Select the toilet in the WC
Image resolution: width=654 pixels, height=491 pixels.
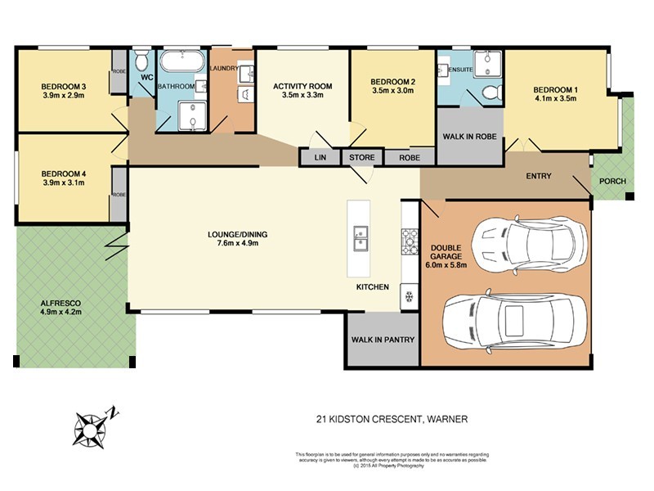point(141,61)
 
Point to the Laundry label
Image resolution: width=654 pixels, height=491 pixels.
point(224,68)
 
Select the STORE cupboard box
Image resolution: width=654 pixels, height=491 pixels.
point(362,157)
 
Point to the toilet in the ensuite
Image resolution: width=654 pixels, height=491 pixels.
point(490,92)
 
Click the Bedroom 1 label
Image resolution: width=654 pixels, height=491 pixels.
point(555,89)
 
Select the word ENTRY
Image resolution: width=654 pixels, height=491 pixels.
point(538,176)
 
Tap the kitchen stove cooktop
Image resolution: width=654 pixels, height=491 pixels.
point(409,240)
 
